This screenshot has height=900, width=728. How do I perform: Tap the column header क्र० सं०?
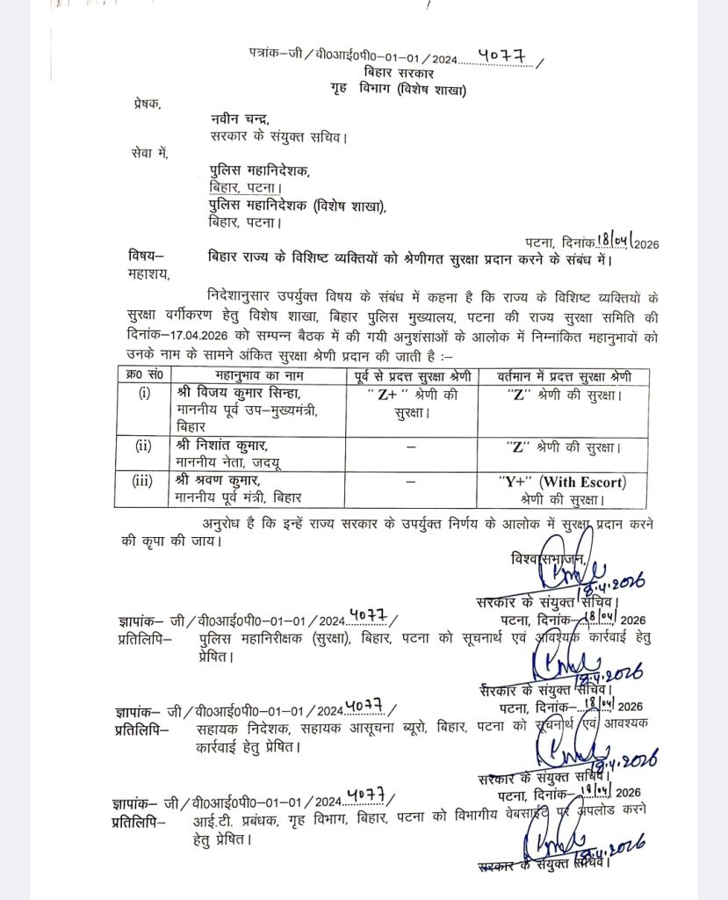pyautogui.click(x=143, y=376)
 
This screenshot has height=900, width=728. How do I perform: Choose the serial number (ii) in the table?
pyautogui.click(x=143, y=446)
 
